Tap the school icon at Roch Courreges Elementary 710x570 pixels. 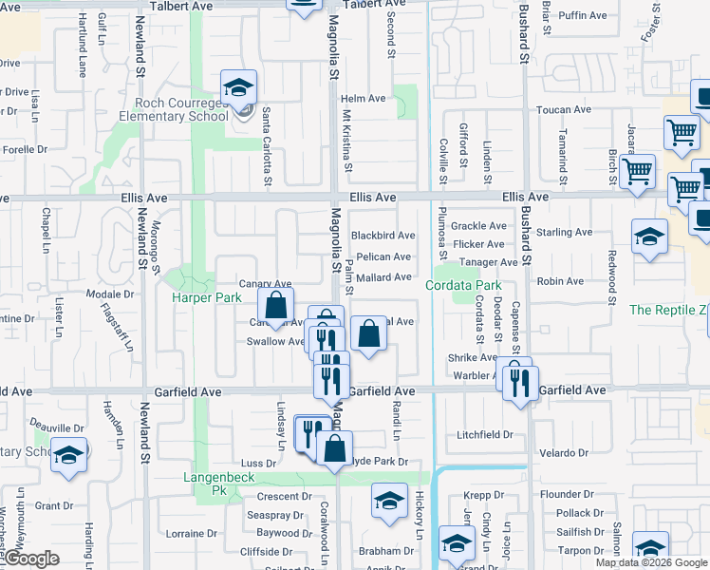coord(237,88)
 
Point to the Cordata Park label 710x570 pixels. coord(462,285)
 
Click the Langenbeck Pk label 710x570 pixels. coord(206,484)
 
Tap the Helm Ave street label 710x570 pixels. coord(364,98)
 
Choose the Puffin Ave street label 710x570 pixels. coord(583,15)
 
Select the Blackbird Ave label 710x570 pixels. coord(383,236)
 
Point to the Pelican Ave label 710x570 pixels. coord(383,256)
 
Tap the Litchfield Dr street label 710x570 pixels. coord(484,434)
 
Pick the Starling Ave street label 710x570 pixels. coord(564,232)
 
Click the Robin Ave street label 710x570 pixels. coord(560,281)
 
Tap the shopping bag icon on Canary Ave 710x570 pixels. coord(275,306)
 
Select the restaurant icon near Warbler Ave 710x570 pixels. coord(519,382)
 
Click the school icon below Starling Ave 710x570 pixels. coord(649,237)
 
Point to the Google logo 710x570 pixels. coord(31,559)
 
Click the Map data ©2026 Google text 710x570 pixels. coord(652,562)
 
